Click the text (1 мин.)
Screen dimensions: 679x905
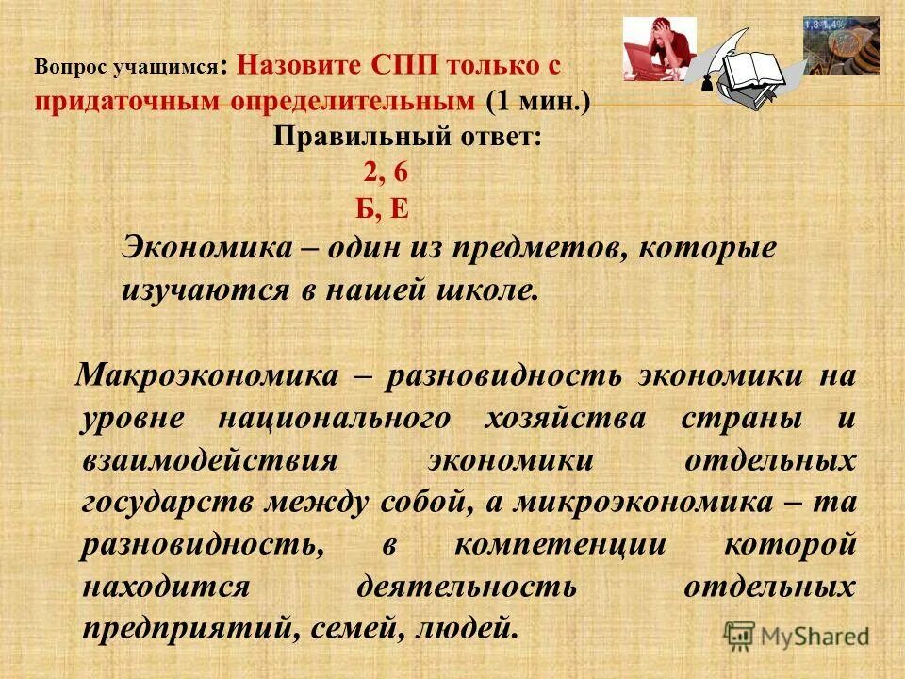[x=539, y=101]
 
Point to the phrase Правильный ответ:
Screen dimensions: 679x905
[x=408, y=137]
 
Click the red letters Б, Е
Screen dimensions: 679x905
[x=383, y=208]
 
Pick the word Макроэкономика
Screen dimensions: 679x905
[x=206, y=375]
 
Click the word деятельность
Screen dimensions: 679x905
[x=468, y=587]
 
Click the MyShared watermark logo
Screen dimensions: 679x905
[x=797, y=635]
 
